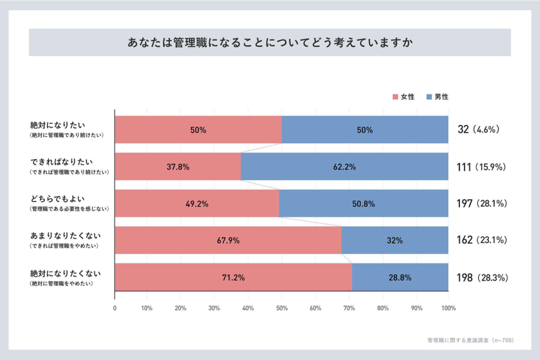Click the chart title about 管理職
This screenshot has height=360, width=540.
269,43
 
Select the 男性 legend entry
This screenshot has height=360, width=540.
438,97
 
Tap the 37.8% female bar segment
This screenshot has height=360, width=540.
178,167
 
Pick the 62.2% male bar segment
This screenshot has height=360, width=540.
344,167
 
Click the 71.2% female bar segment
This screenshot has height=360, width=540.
233,277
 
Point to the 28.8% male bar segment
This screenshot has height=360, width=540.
400,277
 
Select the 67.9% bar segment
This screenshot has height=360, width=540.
228,240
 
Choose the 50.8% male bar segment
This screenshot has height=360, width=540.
364,203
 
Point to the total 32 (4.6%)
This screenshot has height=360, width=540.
478,130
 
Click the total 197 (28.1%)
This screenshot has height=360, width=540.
481,203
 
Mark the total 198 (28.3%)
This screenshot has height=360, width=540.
481,277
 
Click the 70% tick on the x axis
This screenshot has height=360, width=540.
348,308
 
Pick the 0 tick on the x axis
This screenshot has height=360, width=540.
115,308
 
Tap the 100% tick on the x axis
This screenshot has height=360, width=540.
448,308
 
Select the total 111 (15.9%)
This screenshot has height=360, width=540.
481,167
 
